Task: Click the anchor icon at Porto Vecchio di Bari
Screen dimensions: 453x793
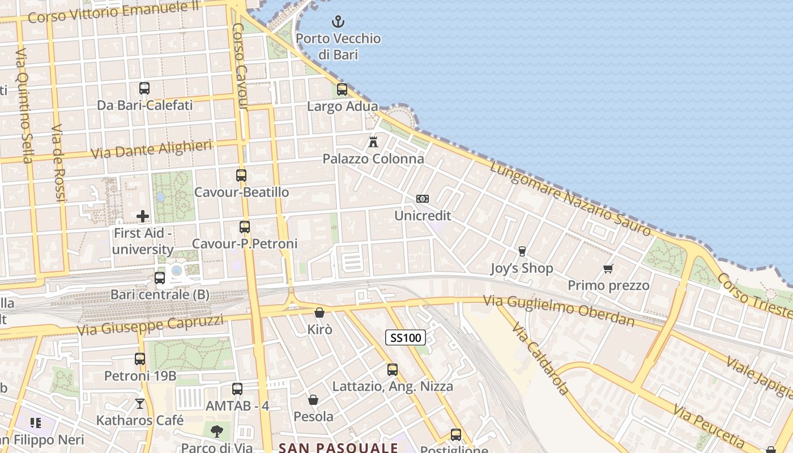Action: pyautogui.click(x=338, y=22)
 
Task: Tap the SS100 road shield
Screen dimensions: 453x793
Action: pyautogui.click(x=406, y=338)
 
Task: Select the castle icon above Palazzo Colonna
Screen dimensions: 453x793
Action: pyautogui.click(x=373, y=142)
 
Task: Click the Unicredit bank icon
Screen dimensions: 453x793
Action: pyautogui.click(x=423, y=199)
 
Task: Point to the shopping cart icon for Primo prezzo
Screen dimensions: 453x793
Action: pyautogui.click(x=608, y=268)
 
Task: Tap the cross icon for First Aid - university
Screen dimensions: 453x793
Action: pyautogui.click(x=143, y=216)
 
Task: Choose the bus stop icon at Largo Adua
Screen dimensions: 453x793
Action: pyautogui.click(x=342, y=89)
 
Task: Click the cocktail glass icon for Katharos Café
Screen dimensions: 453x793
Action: pyautogui.click(x=140, y=403)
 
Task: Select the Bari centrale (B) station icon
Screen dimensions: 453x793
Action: pyautogui.click(x=160, y=277)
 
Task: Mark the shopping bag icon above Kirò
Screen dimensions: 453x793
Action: pyautogui.click(x=319, y=312)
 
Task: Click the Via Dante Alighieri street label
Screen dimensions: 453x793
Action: pyautogui.click(x=151, y=149)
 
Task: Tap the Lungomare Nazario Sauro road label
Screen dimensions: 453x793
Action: pyautogui.click(x=570, y=198)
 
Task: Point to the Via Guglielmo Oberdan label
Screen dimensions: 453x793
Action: pyautogui.click(x=558, y=310)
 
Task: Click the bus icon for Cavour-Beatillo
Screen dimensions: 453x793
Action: pyautogui.click(x=241, y=175)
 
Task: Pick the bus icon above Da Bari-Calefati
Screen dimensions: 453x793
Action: pyautogui.click(x=144, y=88)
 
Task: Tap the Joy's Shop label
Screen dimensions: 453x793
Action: pyautogui.click(x=522, y=268)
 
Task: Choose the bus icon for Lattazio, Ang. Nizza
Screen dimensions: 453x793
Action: pyautogui.click(x=393, y=369)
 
